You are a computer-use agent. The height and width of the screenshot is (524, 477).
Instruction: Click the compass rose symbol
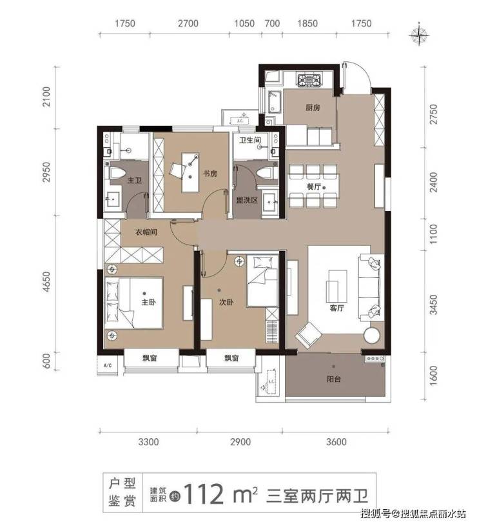(x=420, y=34)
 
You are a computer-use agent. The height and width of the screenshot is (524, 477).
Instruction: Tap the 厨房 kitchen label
(x=313, y=108)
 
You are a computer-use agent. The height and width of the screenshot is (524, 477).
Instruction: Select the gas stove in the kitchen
(x=309, y=81)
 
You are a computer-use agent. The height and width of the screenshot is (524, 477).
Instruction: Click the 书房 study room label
(x=210, y=174)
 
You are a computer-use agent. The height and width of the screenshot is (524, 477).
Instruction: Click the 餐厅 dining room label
(x=314, y=186)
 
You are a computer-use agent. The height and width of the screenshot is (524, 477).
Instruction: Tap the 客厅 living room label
(x=336, y=308)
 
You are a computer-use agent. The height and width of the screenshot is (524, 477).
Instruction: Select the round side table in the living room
(x=372, y=335)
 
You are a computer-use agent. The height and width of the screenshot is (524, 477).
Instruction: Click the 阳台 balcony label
(x=334, y=379)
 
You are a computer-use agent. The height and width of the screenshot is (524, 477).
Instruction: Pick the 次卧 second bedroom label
(x=226, y=302)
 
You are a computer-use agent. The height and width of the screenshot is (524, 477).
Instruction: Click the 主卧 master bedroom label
(x=148, y=302)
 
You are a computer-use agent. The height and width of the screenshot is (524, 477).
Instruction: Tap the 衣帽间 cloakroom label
(x=146, y=232)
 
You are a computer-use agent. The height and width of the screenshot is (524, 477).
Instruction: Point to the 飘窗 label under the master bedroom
(x=150, y=359)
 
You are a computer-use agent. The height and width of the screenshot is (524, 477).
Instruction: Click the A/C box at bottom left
(x=108, y=365)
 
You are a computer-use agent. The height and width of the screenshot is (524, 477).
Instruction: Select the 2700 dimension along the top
(x=188, y=23)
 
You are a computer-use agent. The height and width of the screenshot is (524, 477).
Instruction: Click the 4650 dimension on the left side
(x=46, y=282)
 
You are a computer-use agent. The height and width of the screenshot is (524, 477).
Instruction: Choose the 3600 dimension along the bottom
(x=336, y=442)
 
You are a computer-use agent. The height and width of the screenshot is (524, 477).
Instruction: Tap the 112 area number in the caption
(x=203, y=494)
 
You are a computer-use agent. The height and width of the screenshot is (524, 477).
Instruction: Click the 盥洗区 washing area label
(x=247, y=200)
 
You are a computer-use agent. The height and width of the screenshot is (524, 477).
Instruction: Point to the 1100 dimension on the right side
(x=433, y=234)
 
